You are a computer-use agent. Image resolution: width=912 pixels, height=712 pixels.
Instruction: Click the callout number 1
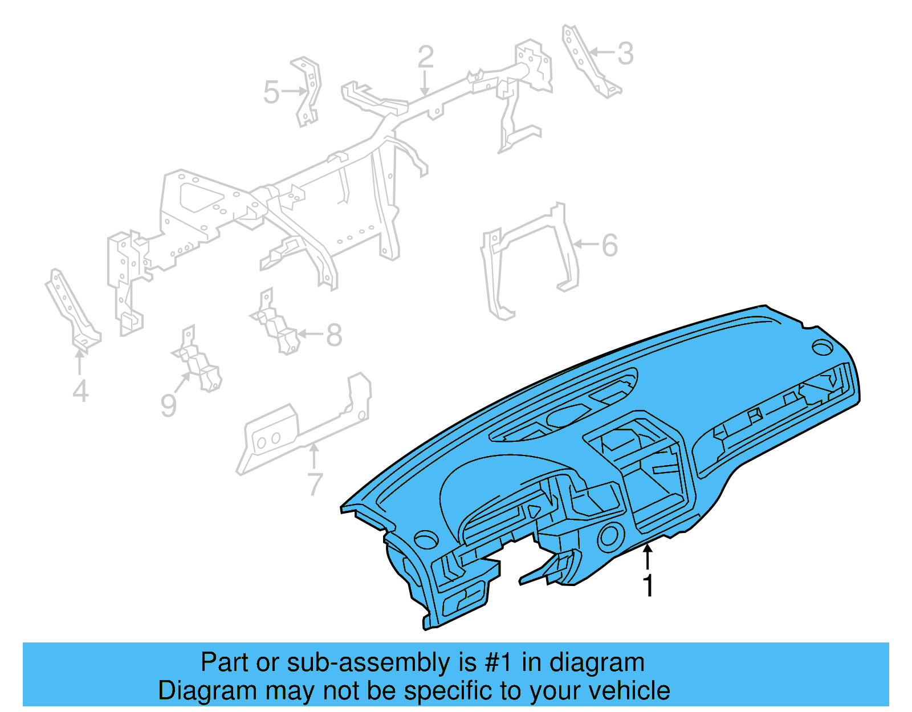tap(648, 585)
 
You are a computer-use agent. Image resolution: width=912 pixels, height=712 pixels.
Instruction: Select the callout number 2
tap(425, 57)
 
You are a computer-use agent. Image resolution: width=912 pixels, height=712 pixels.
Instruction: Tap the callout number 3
tap(626, 54)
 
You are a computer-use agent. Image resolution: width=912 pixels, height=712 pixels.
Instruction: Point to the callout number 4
tap(80, 391)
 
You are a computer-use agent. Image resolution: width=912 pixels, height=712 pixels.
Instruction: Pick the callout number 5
tap(271, 92)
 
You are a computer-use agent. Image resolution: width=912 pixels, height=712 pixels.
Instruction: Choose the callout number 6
tap(609, 246)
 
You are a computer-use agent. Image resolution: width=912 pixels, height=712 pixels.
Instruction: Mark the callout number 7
tap(315, 484)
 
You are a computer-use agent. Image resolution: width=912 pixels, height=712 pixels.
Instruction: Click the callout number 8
tap(334, 335)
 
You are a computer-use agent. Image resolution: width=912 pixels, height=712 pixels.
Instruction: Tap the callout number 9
tap(168, 405)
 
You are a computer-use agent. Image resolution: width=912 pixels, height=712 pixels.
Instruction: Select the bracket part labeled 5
tap(308, 91)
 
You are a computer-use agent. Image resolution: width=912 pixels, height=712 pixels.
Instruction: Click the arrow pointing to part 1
tap(648, 556)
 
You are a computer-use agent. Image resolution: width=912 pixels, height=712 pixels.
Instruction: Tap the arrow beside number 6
tap(584, 245)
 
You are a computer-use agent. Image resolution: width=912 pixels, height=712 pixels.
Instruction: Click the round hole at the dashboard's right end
tap(823, 347)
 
